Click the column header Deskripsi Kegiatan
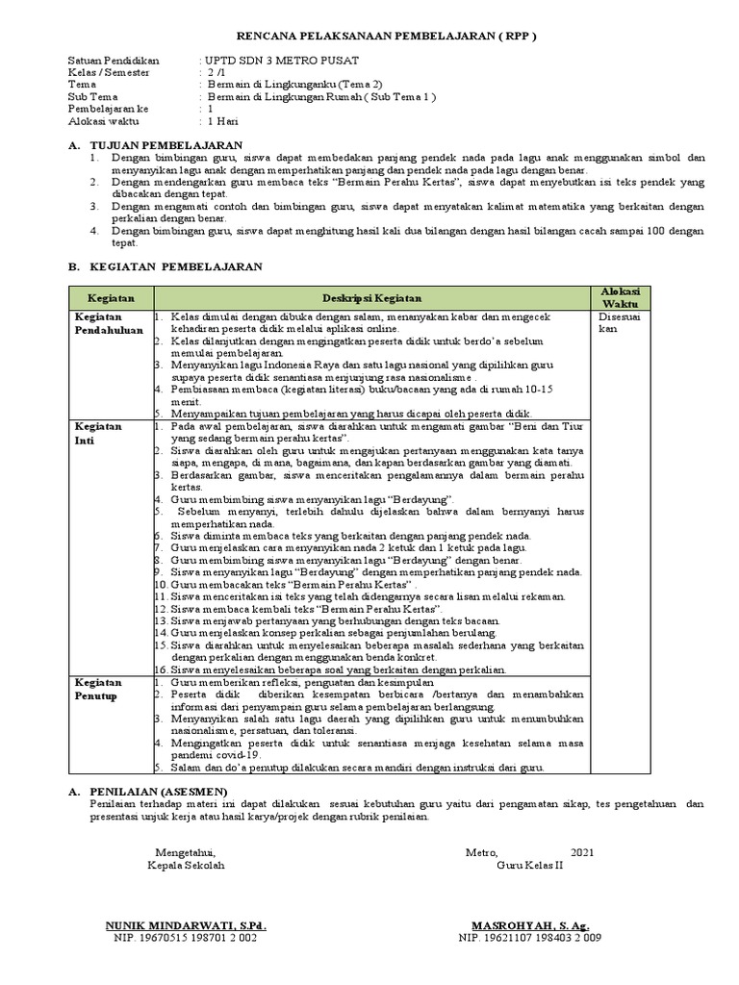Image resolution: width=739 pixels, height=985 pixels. click(x=370, y=299)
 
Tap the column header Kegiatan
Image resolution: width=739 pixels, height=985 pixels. click(x=111, y=299)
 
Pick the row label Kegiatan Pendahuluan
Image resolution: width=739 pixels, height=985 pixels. click(x=109, y=323)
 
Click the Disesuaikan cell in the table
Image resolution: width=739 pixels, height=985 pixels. click(x=613, y=322)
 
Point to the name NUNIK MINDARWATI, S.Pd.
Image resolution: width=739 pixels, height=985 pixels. click(x=186, y=925)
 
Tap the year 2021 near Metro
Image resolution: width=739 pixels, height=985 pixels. click(x=582, y=852)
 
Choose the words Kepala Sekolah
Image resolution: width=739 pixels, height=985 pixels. click(x=186, y=865)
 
